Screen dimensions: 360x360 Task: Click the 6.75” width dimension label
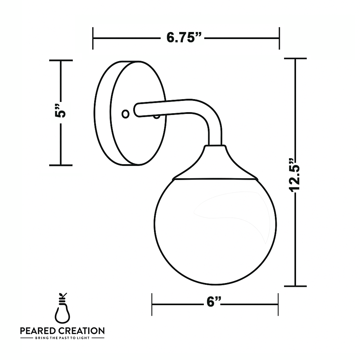pyautogui.click(x=185, y=37)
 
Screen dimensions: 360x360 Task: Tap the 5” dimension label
pyautogui.click(x=61, y=112)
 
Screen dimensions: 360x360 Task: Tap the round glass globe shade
pyautogui.click(x=215, y=232)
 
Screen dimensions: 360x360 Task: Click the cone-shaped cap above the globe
pyautogui.click(x=215, y=163)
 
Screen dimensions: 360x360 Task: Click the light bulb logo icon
pyautogui.click(x=62, y=310)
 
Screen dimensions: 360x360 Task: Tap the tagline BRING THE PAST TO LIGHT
pyautogui.click(x=62, y=338)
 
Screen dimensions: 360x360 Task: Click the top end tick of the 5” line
pyautogui.click(x=61, y=60)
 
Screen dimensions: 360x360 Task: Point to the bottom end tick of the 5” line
pyautogui.click(x=61, y=165)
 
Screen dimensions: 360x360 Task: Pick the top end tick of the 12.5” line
pyautogui.click(x=295, y=59)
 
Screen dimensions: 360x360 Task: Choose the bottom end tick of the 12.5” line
pyautogui.click(x=295, y=286)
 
